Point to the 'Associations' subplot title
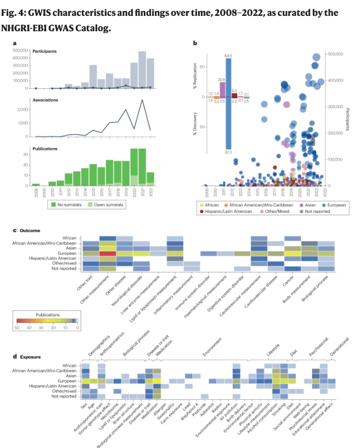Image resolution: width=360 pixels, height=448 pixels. (x=45, y=100)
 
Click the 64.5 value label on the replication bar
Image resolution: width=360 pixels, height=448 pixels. (x=228, y=56)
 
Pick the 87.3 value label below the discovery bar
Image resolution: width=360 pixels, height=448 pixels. (x=228, y=152)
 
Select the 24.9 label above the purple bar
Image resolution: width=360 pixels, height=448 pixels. (x=222, y=80)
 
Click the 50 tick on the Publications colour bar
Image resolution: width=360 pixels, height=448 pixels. (x=17, y=327)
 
